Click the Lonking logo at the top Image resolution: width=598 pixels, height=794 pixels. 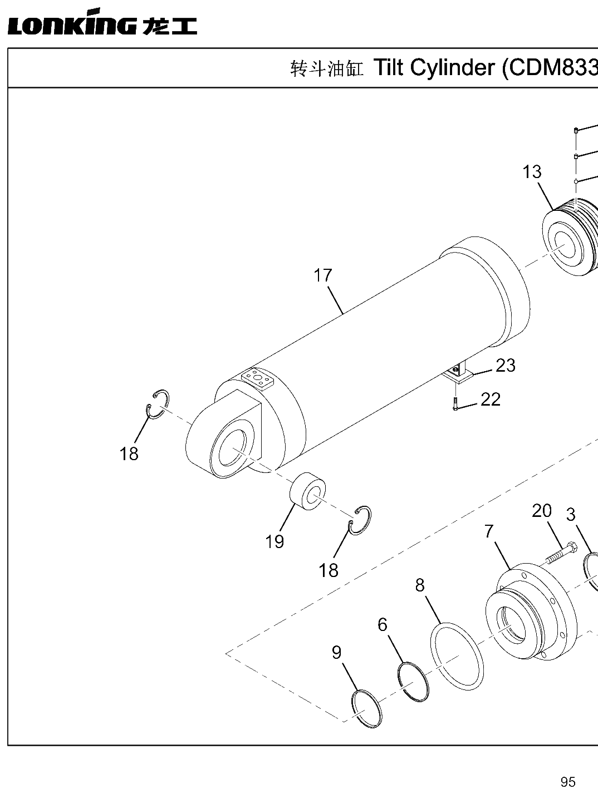[102, 22]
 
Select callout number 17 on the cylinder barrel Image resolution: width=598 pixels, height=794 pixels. [322, 275]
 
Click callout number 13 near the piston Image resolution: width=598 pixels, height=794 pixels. [532, 172]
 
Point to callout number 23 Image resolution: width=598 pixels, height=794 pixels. [506, 366]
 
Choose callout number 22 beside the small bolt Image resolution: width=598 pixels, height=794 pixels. [491, 400]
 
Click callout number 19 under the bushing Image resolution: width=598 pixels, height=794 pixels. [275, 541]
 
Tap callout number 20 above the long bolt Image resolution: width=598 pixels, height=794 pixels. [542, 511]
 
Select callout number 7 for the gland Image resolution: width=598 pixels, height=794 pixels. [489, 531]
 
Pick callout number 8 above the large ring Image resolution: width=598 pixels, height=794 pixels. [419, 585]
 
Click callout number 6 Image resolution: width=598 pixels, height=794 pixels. [383, 624]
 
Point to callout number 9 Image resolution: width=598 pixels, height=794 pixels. [337, 652]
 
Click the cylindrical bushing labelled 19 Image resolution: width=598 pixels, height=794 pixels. [308, 491]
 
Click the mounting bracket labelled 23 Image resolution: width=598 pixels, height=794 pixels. [458, 374]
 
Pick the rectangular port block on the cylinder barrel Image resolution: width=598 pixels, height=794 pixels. [258, 379]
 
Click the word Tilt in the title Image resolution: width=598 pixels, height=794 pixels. [389, 67]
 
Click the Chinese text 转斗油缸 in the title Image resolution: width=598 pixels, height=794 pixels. [326, 69]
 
